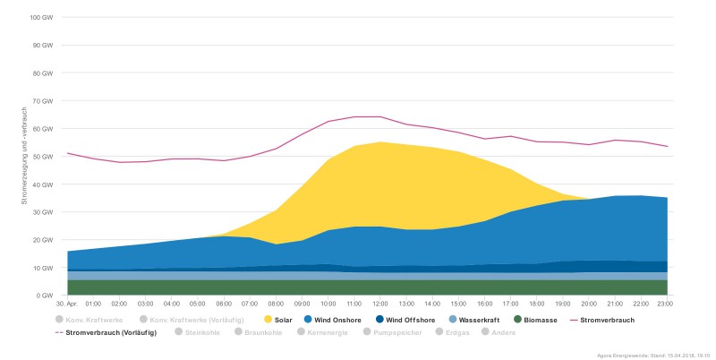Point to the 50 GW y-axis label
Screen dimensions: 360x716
coord(43,157)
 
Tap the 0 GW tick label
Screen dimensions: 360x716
coord(45,296)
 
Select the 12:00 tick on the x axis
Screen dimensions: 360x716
coord(380,304)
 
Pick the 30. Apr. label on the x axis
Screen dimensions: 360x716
coord(68,304)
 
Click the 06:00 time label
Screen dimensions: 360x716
coord(224,304)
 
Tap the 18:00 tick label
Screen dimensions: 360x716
coord(537,304)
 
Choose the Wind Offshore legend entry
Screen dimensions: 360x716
coord(405,319)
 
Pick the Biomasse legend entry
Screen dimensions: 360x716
coord(538,319)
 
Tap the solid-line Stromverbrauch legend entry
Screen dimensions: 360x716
coord(603,319)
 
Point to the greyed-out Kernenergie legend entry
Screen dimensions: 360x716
coord(328,332)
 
